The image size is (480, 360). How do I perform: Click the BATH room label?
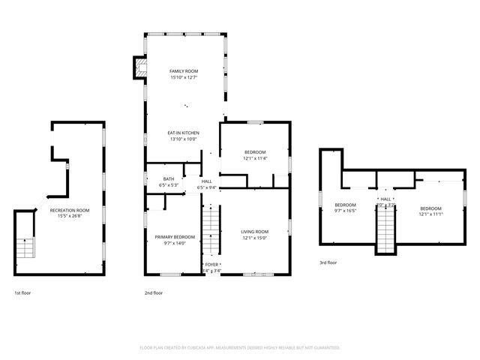point(167,178)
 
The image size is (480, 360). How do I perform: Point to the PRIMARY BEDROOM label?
point(174,237)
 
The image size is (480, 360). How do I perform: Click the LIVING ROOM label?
point(254,232)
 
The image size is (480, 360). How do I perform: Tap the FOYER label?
point(213,265)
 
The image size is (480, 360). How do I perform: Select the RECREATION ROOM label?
point(69,211)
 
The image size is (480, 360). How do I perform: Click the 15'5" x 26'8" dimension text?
point(69,217)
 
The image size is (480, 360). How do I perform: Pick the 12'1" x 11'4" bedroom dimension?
point(254,158)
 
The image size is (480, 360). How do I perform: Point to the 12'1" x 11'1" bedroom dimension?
point(430,214)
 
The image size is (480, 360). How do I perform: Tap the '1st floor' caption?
point(23,292)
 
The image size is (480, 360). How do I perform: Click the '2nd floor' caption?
point(153,292)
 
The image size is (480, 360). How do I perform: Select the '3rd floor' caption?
point(328,262)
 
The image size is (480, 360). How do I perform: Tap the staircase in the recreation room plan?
point(25,247)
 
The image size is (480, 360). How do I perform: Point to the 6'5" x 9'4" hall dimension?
point(206,187)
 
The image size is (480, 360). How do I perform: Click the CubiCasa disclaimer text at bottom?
point(240,348)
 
